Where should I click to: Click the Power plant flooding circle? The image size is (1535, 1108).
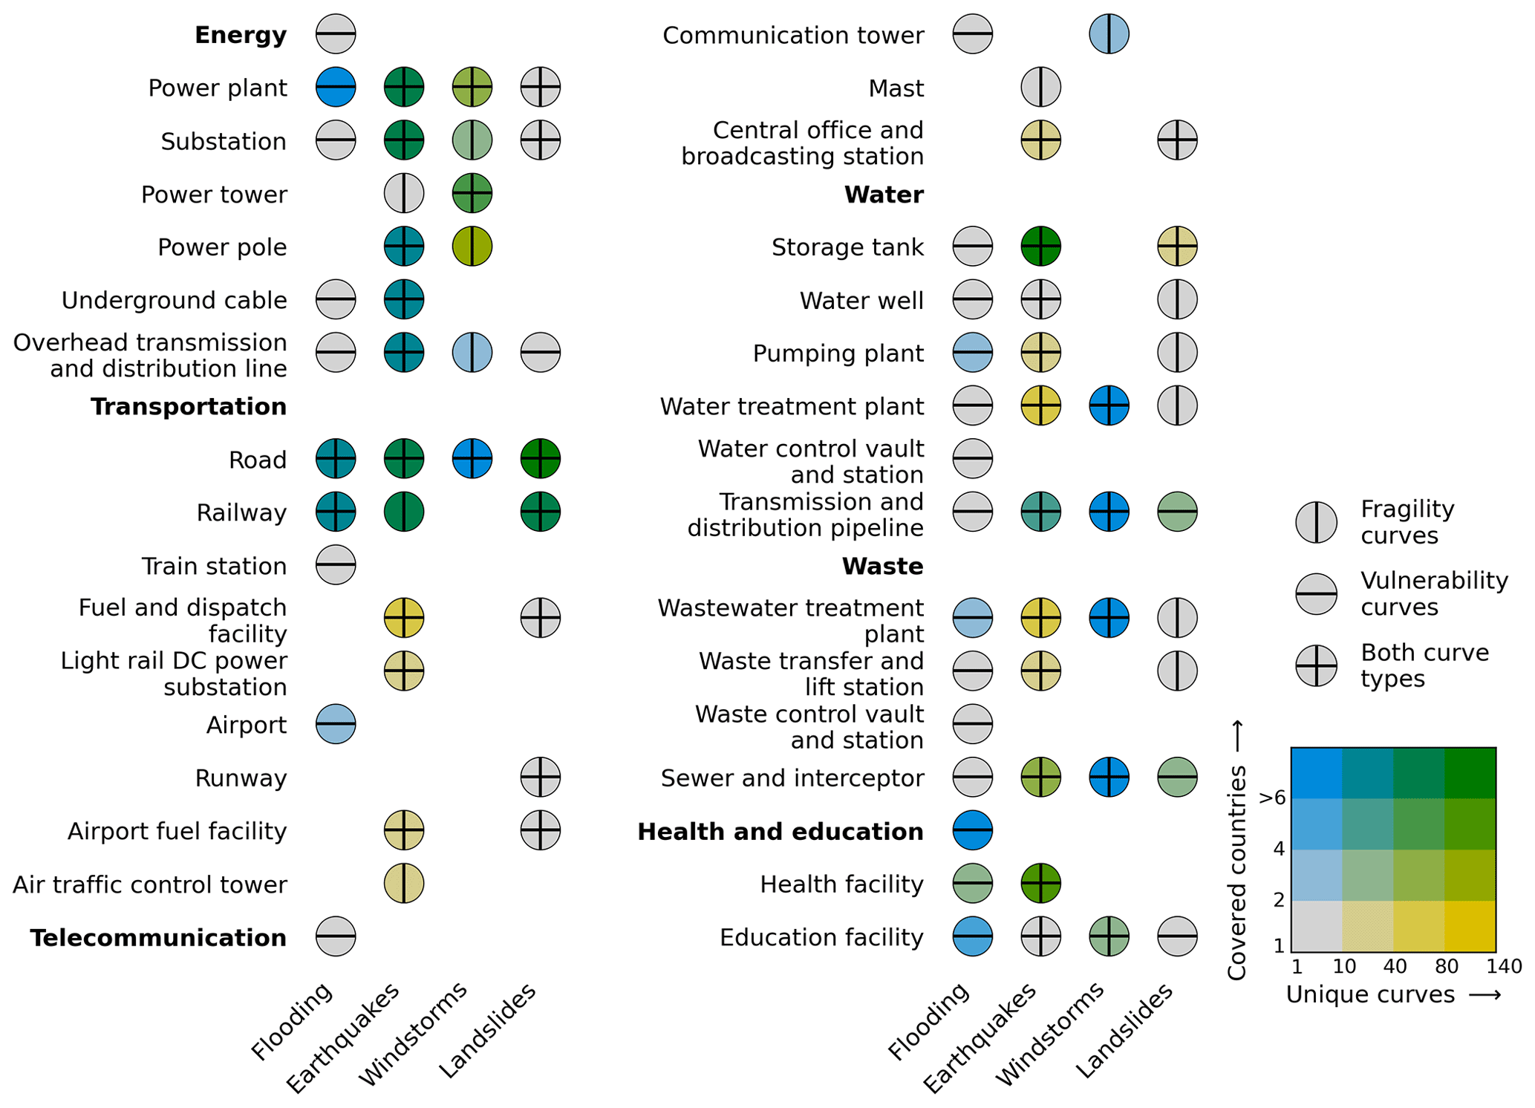[336, 87]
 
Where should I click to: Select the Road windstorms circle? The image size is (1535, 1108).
[472, 459]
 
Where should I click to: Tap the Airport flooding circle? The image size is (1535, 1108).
[336, 724]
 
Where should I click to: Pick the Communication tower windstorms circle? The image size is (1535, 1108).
[1109, 34]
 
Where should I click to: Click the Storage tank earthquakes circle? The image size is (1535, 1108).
[1040, 247]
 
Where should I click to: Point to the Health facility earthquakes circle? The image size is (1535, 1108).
[1040, 884]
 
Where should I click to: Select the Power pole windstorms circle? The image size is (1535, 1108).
[472, 247]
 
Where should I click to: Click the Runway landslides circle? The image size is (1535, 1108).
[540, 778]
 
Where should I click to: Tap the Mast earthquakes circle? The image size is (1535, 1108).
[1040, 87]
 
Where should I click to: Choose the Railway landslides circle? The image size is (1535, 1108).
[540, 512]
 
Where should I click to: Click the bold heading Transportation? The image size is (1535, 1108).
[189, 407]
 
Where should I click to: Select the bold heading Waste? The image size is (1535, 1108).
[882, 567]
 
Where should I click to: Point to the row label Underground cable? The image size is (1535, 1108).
[174, 301]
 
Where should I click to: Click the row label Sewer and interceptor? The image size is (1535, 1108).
[792, 778]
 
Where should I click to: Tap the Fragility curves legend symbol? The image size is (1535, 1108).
[1316, 522]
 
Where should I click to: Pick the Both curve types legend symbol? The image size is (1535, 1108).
[1316, 665]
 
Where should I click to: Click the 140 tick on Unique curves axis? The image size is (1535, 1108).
[1504, 966]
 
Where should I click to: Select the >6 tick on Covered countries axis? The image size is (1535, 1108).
[1272, 798]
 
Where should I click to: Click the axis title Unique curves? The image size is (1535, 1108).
[1370, 994]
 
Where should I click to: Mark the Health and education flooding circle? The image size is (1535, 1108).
[972, 830]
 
